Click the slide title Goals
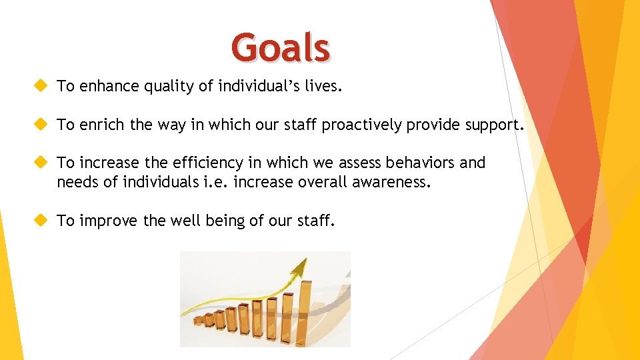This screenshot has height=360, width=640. pyautogui.click(x=281, y=49)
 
